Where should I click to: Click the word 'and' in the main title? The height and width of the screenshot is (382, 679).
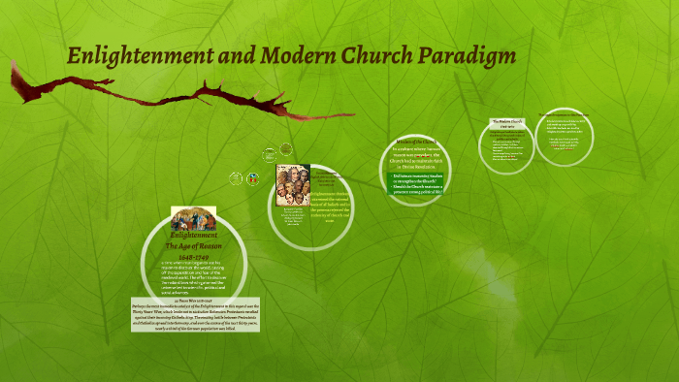213,55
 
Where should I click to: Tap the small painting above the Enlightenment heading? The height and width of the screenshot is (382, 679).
193,219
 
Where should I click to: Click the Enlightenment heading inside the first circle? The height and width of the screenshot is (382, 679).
193,236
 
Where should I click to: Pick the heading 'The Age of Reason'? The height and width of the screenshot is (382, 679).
193,247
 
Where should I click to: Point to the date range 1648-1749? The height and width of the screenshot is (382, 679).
193,258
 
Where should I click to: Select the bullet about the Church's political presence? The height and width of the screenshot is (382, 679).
418,192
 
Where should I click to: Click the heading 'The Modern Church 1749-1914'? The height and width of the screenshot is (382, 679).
507,124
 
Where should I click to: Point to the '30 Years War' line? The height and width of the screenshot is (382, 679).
193,299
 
